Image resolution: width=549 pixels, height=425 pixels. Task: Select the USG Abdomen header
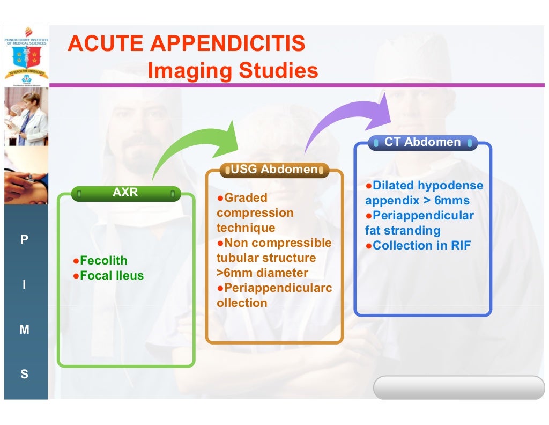(274, 170)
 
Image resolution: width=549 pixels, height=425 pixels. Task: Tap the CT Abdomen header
(422, 142)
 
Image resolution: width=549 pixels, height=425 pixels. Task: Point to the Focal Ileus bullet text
(112, 276)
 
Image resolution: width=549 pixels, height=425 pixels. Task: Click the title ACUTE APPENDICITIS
(186, 44)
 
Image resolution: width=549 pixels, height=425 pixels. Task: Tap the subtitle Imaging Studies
(233, 71)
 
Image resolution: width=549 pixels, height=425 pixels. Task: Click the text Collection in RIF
(419, 246)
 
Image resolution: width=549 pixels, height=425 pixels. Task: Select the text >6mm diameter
(262, 273)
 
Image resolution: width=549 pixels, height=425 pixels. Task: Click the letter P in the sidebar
(24, 240)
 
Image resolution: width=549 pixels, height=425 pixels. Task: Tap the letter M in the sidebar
(24, 330)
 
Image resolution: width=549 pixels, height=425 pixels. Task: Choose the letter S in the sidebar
(24, 375)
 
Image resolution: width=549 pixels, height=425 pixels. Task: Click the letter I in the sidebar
(24, 285)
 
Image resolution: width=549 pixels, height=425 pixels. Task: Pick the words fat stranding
(403, 231)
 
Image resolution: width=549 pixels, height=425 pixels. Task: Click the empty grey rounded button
(458, 387)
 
